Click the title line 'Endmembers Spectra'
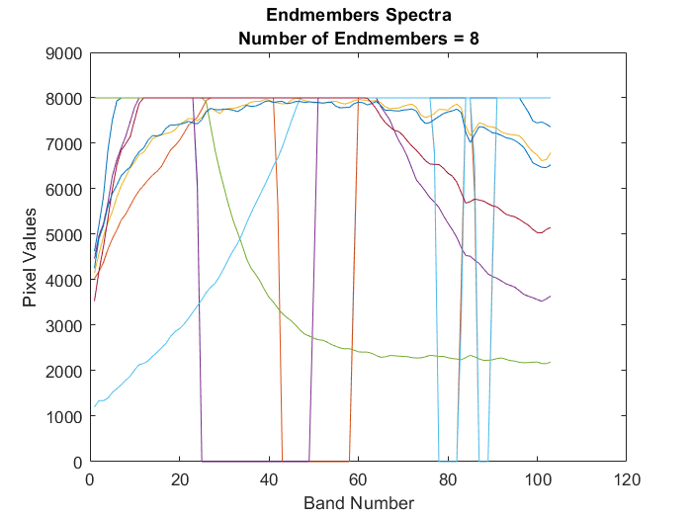(358, 17)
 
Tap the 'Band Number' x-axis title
(358, 503)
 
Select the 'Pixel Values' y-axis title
(31, 257)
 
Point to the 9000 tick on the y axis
(63, 53)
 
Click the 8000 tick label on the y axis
(63, 99)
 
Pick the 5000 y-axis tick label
(63, 234)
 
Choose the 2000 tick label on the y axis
(63, 371)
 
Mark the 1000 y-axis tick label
(63, 416)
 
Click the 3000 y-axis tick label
(63, 325)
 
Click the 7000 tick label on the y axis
(63, 144)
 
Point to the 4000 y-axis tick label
(63, 280)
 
